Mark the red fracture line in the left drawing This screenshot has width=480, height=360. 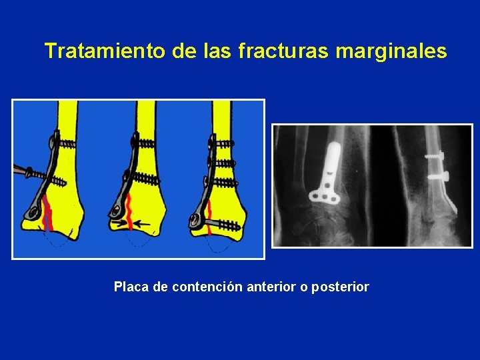(x=47, y=213)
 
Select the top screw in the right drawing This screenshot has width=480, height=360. (x=222, y=142)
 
